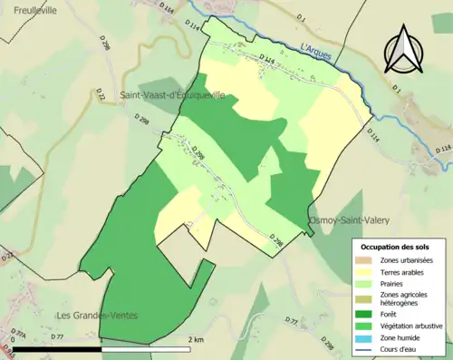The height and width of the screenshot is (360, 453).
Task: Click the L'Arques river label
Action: pyautogui.click(x=315, y=52)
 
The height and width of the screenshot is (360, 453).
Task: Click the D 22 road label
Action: pyautogui.click(x=101, y=94)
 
